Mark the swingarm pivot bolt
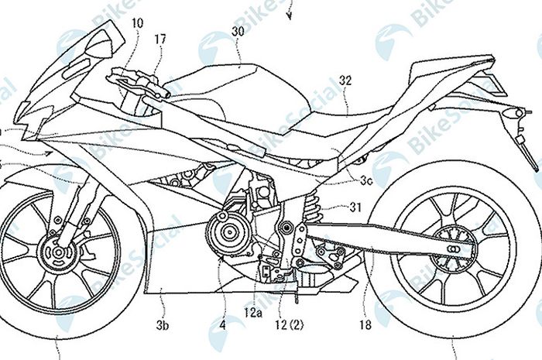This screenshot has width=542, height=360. pos(289,228)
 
